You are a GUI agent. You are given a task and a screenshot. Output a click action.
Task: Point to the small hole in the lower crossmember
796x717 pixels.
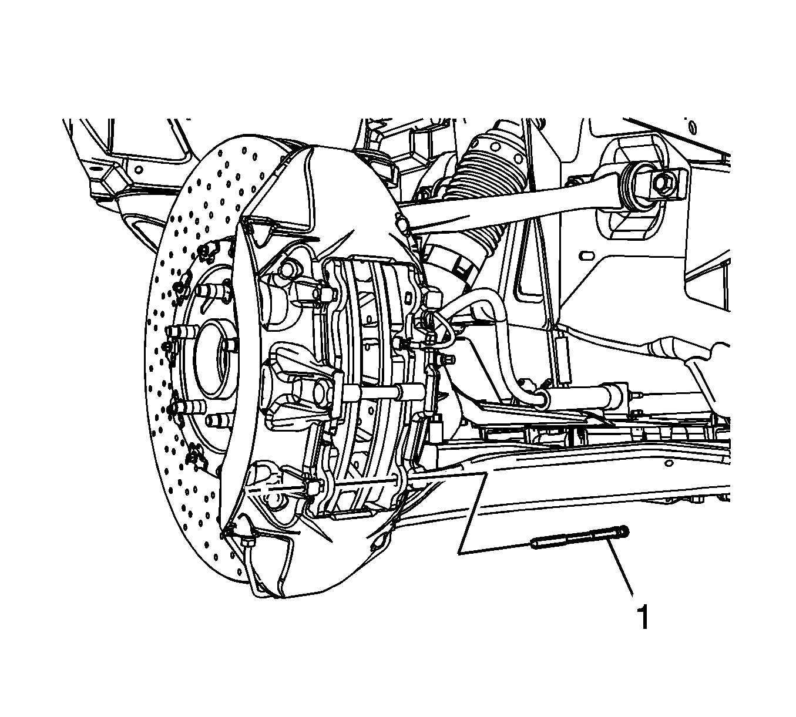click(669, 463)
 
